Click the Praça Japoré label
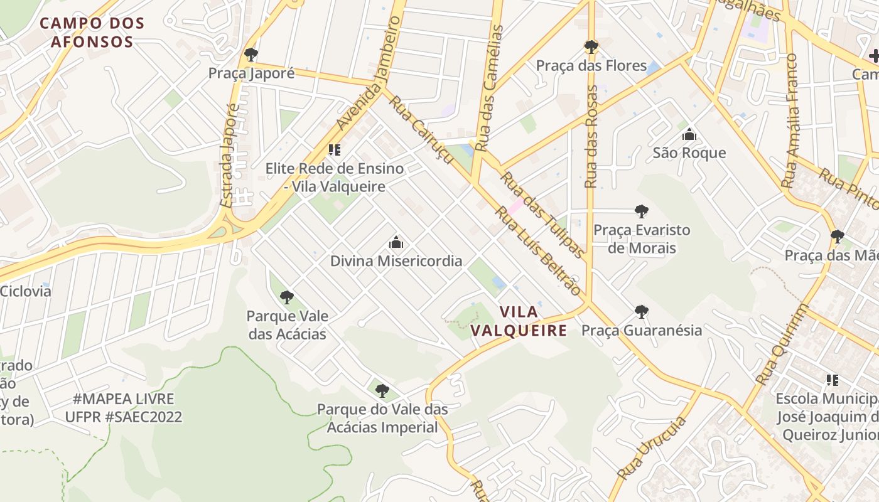click(251, 73)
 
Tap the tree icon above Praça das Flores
click(591, 46)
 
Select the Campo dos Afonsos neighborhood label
click(92, 33)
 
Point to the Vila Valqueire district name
click(519, 321)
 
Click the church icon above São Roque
click(689, 134)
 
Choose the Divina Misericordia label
click(396, 261)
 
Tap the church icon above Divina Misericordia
click(396, 242)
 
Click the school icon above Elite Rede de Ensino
click(335, 150)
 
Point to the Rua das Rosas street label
click(591, 137)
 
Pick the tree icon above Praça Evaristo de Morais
click(641, 211)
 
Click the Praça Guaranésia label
click(642, 330)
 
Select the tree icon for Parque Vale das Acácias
click(287, 297)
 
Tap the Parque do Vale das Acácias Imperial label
click(382, 418)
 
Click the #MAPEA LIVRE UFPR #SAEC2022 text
click(124, 408)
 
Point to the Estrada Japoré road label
click(230, 156)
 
